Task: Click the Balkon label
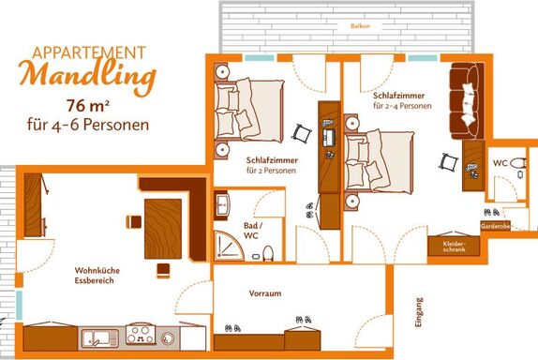click(x=360, y=25)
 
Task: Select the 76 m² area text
click(x=88, y=106)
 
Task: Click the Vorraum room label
click(x=265, y=293)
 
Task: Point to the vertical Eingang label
click(x=419, y=312)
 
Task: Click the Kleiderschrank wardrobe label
click(x=454, y=247)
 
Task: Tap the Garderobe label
click(x=495, y=226)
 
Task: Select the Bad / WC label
click(x=253, y=231)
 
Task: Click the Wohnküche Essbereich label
click(x=97, y=276)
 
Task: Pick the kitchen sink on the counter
click(x=100, y=338)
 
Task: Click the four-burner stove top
click(x=141, y=335)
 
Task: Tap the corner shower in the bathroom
click(x=229, y=246)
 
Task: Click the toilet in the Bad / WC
click(x=268, y=254)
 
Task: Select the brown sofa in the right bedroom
click(x=467, y=101)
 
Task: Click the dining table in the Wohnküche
click(x=163, y=229)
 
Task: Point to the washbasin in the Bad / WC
click(x=222, y=205)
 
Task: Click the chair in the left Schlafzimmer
click(x=302, y=133)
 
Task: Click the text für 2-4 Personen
click(x=402, y=106)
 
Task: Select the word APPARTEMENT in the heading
click(x=89, y=52)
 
